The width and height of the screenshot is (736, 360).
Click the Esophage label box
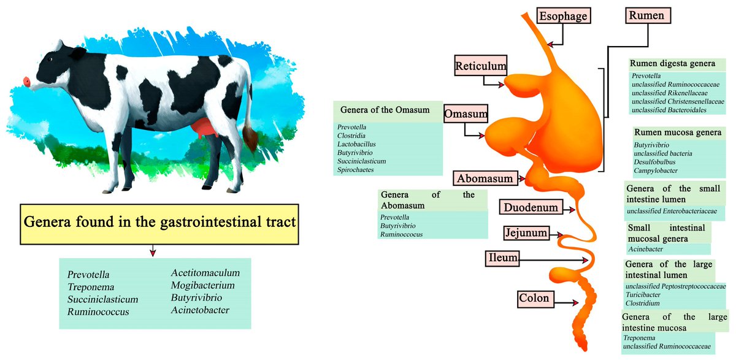point(564,16)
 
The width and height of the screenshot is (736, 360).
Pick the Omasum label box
point(466,114)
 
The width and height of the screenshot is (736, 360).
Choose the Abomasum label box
point(484,178)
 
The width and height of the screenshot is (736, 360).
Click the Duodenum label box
point(531,207)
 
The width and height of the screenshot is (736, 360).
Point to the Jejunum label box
point(525,233)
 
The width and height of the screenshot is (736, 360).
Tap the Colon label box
point(534,299)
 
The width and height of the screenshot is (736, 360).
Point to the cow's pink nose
point(26,82)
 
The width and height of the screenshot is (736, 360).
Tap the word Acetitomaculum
point(205,273)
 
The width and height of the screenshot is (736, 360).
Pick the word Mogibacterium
point(202,285)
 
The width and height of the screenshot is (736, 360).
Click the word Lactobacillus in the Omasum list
point(356,144)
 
